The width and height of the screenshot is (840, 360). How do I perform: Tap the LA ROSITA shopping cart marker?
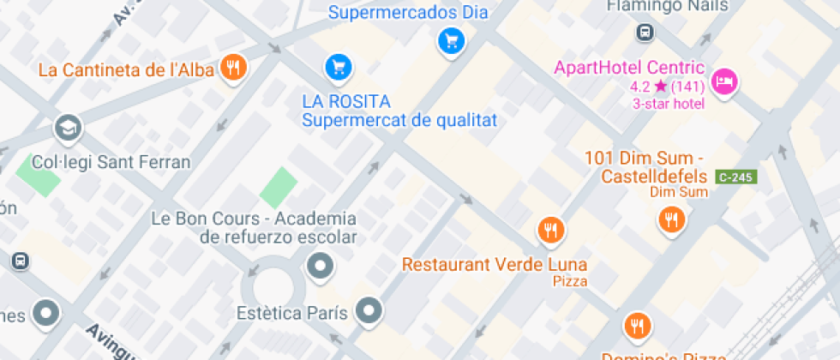[338, 66]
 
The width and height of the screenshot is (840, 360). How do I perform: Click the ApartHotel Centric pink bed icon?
[726, 81]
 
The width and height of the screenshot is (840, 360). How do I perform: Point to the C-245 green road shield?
[735, 177]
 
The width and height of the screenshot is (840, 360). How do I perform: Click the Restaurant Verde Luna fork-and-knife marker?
[550, 230]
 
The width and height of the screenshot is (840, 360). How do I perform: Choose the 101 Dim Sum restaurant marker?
[672, 220]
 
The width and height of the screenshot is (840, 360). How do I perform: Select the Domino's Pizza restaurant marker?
[636, 326]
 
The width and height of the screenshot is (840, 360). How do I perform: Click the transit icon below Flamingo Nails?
[645, 33]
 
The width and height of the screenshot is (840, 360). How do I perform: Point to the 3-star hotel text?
[669, 104]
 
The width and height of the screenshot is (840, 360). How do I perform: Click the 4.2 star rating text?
[667, 87]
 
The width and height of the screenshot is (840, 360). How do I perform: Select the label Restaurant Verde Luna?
[495, 264]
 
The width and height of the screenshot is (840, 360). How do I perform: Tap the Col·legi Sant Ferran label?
[111, 162]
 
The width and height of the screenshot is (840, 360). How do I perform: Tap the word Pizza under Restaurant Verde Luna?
[570, 281]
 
